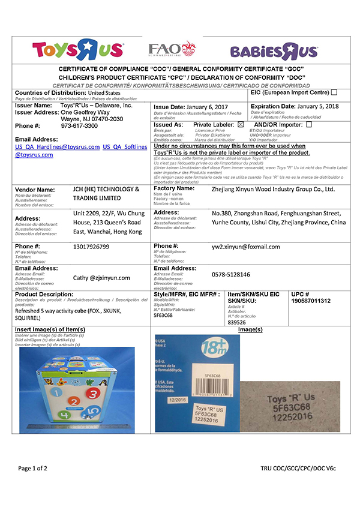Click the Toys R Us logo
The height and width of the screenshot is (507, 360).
tap(79, 49)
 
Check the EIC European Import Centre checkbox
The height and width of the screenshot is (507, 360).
tap(334, 92)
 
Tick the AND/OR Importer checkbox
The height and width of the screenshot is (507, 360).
tap(309, 125)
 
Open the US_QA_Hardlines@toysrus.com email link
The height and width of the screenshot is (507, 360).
tap(58, 146)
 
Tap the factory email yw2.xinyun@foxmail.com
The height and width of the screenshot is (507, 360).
tap(246, 247)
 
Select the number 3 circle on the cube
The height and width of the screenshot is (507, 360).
tap(74, 401)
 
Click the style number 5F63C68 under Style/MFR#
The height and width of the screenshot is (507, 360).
tap(163, 314)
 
